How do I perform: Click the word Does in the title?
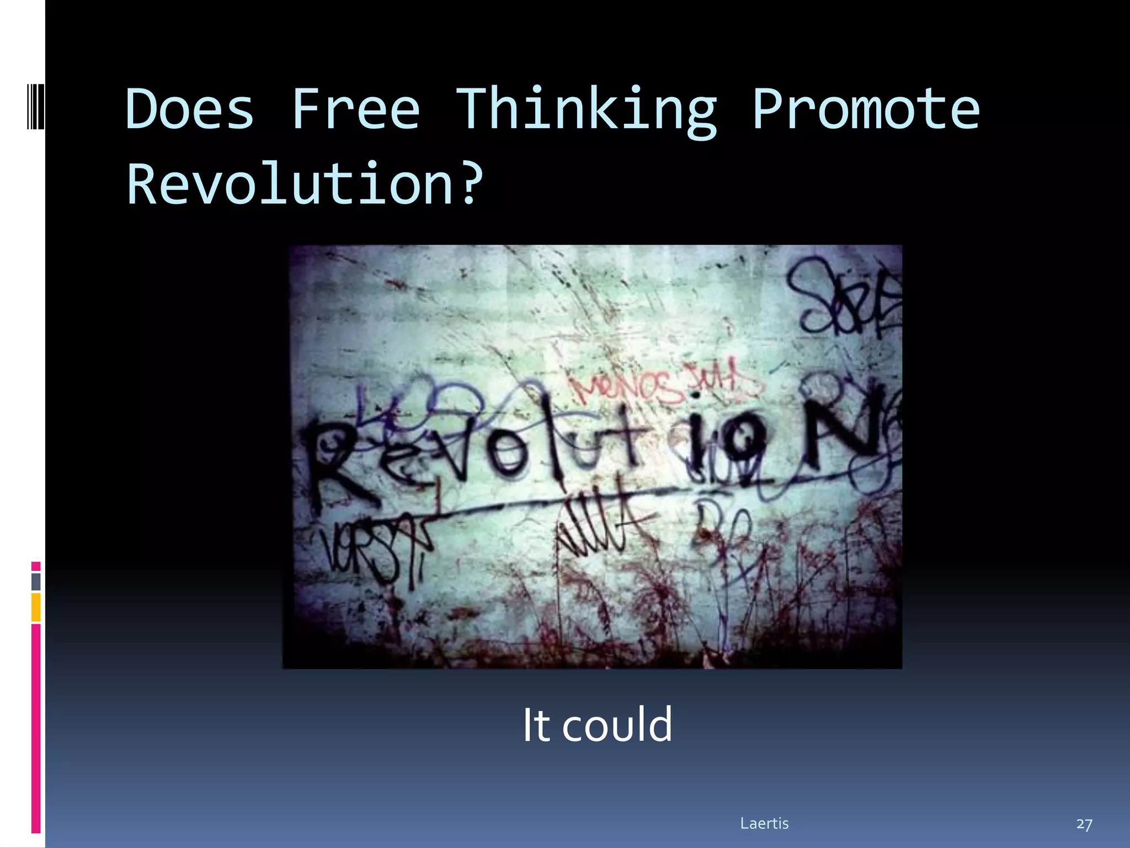point(190,109)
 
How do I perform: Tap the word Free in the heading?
point(355,109)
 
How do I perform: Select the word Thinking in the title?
point(586,110)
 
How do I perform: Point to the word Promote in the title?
point(866,109)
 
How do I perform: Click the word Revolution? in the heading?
point(305,184)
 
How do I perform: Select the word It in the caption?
point(536,724)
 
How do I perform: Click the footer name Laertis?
point(764,823)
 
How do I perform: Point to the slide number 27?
point(1084,824)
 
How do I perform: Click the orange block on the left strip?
point(36,607)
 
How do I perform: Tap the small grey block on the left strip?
point(36,581)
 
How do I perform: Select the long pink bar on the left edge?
point(36,729)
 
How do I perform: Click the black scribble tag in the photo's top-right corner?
point(844,298)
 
